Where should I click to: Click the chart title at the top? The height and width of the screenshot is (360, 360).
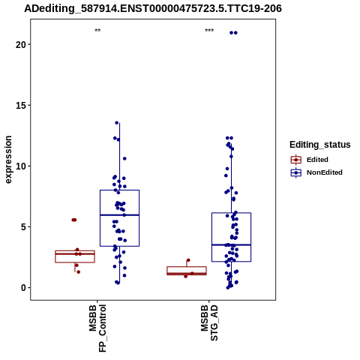153,8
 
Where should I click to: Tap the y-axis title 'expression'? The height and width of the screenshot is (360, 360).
8,160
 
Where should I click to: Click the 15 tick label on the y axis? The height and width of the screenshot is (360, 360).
21,105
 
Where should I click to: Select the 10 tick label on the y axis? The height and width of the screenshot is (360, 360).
21,166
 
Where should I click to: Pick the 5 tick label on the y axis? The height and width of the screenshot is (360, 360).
24,227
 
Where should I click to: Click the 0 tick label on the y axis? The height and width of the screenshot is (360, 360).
24,288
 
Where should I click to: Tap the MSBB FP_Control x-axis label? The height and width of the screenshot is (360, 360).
97,328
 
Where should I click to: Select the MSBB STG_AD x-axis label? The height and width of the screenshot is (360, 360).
209,322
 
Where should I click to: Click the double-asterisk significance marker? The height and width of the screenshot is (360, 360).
97,31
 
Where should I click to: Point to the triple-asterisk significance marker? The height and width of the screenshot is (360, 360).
209,31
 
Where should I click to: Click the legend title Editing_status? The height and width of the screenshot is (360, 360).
320,145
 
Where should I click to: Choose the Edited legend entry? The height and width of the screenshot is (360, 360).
310,160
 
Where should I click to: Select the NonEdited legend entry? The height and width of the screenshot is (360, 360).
316,172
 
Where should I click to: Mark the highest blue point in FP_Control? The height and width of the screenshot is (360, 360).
117,123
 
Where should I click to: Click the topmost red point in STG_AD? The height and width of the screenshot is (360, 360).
188,260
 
